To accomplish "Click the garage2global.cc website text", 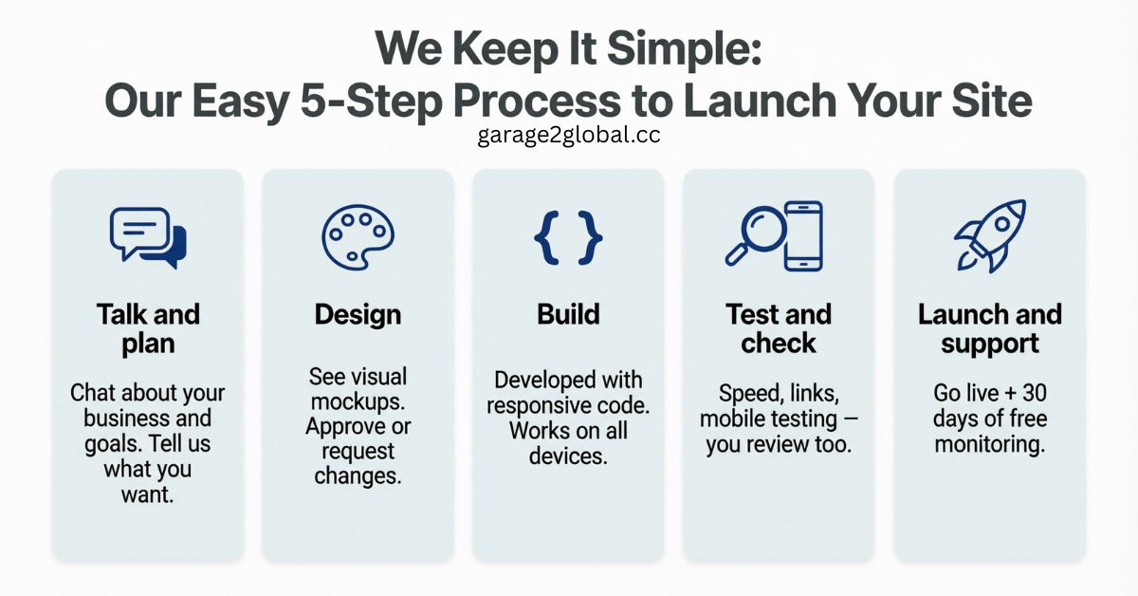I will point(569,135).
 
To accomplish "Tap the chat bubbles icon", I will point(148,236).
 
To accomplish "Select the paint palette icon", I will point(358,237).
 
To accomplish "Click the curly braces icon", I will point(568,237).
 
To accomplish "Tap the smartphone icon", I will point(803,235).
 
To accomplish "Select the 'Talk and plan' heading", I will point(148,327).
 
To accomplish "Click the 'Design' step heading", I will point(358,314).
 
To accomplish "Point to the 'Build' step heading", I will point(568,314).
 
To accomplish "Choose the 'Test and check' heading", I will point(779,327).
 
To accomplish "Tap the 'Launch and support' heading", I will point(989,327).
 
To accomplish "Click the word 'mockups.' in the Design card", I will point(358,401).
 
